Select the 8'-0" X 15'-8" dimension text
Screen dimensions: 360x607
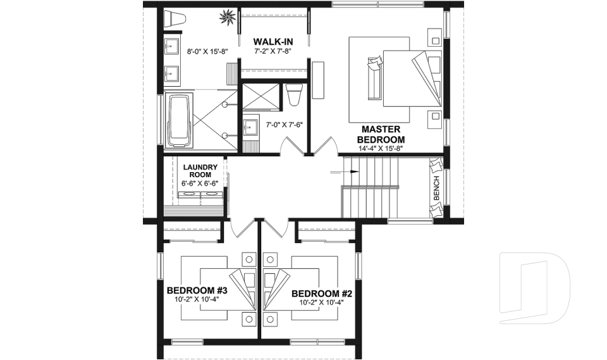(x=207, y=51)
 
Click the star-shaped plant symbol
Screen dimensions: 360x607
(x=227, y=17)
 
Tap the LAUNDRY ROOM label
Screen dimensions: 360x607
(x=200, y=171)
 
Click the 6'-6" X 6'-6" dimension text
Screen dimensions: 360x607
(x=200, y=183)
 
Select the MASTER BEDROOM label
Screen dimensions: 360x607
(x=381, y=134)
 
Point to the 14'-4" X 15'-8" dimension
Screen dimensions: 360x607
(x=381, y=148)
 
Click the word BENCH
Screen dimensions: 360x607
(x=436, y=188)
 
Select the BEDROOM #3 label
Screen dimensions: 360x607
(x=197, y=290)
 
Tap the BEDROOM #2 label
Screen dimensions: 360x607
(x=322, y=294)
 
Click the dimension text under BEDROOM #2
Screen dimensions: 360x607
(x=321, y=303)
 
